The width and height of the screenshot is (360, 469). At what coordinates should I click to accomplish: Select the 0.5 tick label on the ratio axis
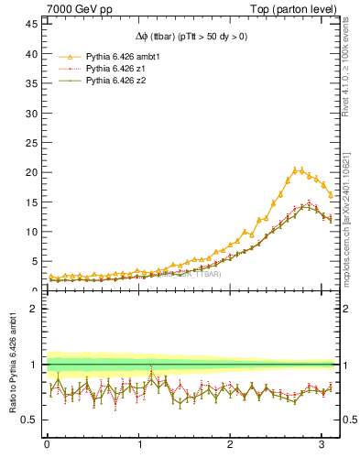coord(29,420)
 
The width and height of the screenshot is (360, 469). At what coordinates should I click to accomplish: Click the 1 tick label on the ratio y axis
coord(34,365)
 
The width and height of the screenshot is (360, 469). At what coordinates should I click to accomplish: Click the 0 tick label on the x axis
coord(47,445)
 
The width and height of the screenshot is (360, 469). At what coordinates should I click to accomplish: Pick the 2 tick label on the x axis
coord(231,445)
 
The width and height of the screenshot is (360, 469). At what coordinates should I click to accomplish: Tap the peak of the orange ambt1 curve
coord(298,169)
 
